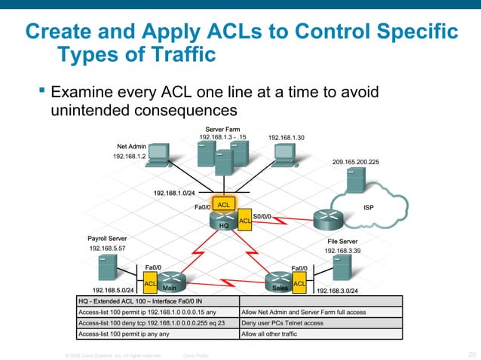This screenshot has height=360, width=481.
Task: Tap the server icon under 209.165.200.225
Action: pyautogui.click(x=355, y=180)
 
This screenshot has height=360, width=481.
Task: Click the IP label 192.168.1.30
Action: pyautogui.click(x=286, y=138)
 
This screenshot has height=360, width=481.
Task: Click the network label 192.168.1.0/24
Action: pyautogui.click(x=173, y=194)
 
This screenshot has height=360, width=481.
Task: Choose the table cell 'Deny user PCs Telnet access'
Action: pyautogui.click(x=282, y=322)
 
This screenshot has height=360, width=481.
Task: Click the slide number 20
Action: pyautogui.click(x=471, y=354)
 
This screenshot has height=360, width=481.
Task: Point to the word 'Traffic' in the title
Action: pyautogui.click(x=171, y=55)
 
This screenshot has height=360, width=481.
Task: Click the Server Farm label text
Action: pyautogui.click(x=222, y=130)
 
